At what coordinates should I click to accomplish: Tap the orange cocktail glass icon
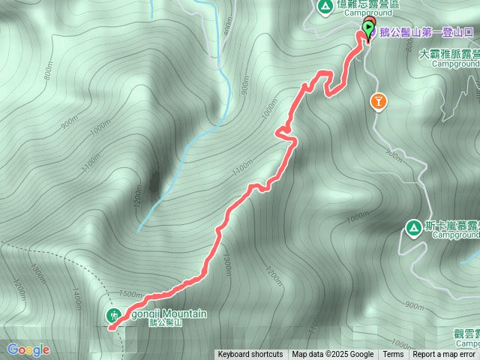click(379, 100)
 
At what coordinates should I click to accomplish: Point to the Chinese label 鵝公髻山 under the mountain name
click(166, 323)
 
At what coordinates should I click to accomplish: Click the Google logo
click(28, 349)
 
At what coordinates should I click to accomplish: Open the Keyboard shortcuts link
click(250, 355)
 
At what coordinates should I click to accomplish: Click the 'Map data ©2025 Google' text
click(333, 355)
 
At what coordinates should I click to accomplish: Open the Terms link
click(393, 355)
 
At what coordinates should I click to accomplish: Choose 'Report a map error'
click(444, 355)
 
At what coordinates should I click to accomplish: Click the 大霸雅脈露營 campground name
click(449, 54)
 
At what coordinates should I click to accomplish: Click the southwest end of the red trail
click(110, 327)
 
